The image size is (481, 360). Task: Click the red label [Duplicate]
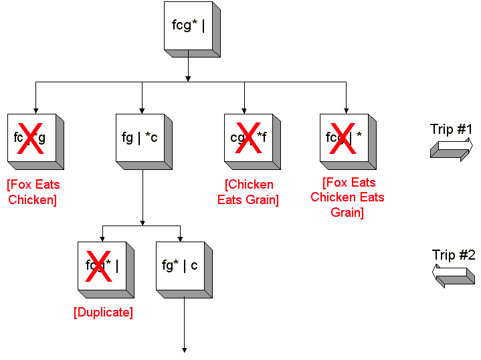103,312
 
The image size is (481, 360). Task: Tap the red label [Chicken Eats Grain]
248,192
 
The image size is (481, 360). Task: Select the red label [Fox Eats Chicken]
33,192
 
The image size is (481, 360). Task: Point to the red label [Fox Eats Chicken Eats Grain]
347,197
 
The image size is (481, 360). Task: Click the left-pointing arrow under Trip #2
454,275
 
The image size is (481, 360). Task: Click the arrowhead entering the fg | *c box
142,110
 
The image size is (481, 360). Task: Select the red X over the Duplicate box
99,265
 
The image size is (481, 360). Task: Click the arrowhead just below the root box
189,78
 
